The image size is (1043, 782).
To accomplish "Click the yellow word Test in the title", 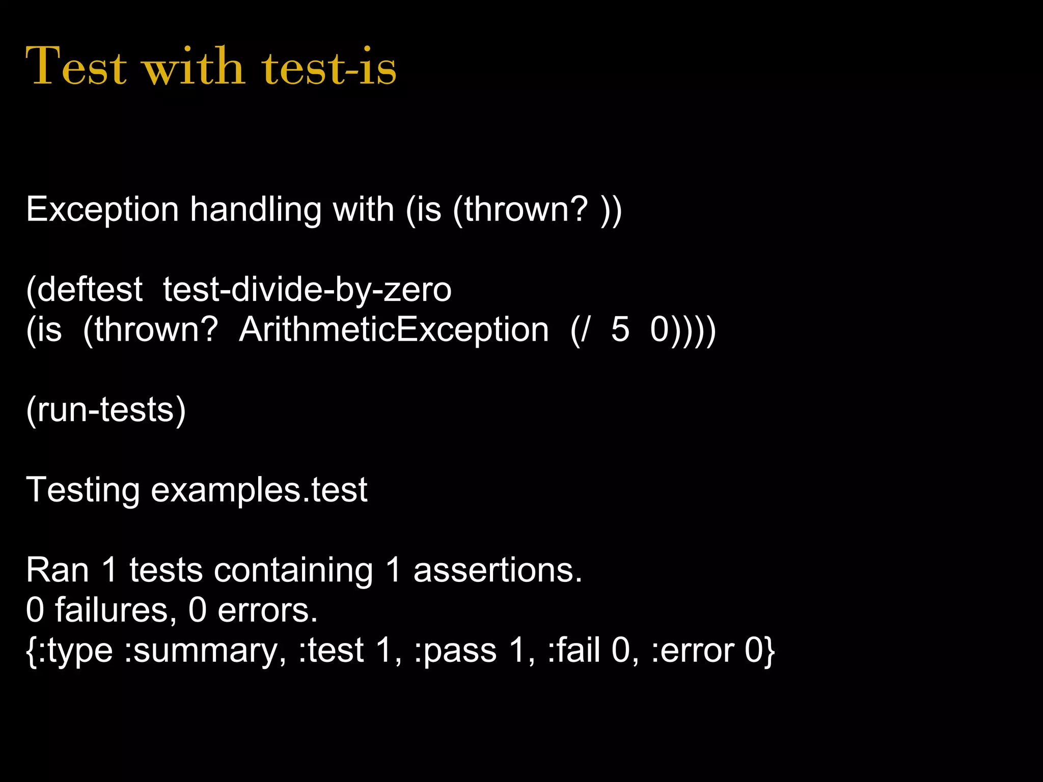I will pos(76,66).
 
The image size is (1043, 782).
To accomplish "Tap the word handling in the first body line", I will pos(255,210).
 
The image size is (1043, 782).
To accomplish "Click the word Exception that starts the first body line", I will pos(102,210).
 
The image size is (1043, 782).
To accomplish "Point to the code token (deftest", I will pos(85,290).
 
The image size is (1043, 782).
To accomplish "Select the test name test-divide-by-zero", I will pos(307,290).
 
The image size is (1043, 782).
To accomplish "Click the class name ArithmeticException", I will pos(394,329).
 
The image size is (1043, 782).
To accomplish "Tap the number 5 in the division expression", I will pos(620,329).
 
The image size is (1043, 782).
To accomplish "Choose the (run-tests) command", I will pos(106,410).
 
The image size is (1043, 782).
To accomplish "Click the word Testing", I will pos(83,490).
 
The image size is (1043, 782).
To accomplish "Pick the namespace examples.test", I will pos(259,490).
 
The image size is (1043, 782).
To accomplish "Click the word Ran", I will pos(57,570).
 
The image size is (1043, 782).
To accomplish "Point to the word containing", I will pos(293,570).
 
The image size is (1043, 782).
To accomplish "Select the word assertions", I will pos(497,570).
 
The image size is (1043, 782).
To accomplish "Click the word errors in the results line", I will pos(267,610).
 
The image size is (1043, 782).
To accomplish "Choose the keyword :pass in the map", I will pos(455,651).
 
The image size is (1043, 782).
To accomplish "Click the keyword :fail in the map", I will pos(573,650).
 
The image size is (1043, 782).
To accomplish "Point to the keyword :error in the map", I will pos(692,651).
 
